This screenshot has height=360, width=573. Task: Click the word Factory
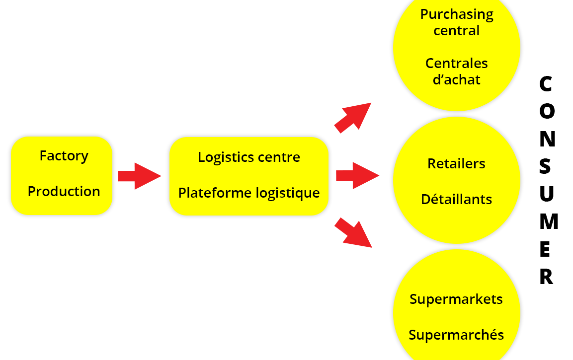tap(64, 156)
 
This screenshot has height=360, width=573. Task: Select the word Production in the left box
tap(64, 191)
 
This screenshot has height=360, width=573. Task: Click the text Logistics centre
tap(249, 157)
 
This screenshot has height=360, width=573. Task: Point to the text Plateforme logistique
tap(249, 193)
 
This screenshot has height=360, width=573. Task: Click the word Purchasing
tap(457, 14)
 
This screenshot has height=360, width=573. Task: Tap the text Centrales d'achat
tap(457, 72)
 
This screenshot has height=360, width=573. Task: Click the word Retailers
tap(456, 163)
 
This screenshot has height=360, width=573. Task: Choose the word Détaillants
tap(456, 200)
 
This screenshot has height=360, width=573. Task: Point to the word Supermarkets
tap(456, 299)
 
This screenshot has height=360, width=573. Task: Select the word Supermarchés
tap(456, 335)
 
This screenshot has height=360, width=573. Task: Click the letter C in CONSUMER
tap(546, 84)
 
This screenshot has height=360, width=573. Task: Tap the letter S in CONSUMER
tap(546, 167)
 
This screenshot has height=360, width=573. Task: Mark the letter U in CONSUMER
tap(547, 195)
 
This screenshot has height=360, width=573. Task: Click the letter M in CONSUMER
tap(548, 222)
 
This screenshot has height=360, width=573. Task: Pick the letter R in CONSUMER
tap(546, 277)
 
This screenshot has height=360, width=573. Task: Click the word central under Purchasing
tap(457, 30)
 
